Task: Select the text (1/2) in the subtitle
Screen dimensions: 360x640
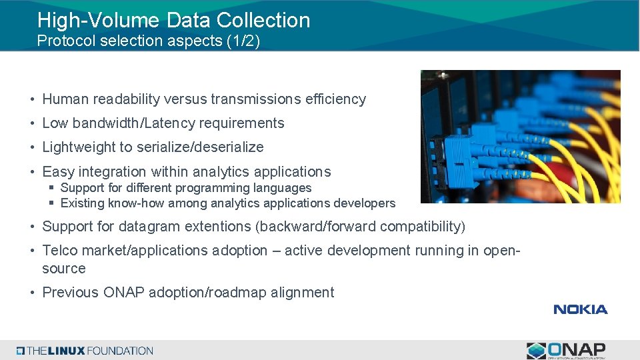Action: pos(242,41)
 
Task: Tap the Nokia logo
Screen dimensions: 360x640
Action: pos(580,309)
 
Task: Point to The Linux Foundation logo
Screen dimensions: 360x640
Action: pos(85,351)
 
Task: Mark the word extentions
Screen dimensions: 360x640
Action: pos(215,227)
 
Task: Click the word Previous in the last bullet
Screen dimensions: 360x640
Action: pos(70,293)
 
